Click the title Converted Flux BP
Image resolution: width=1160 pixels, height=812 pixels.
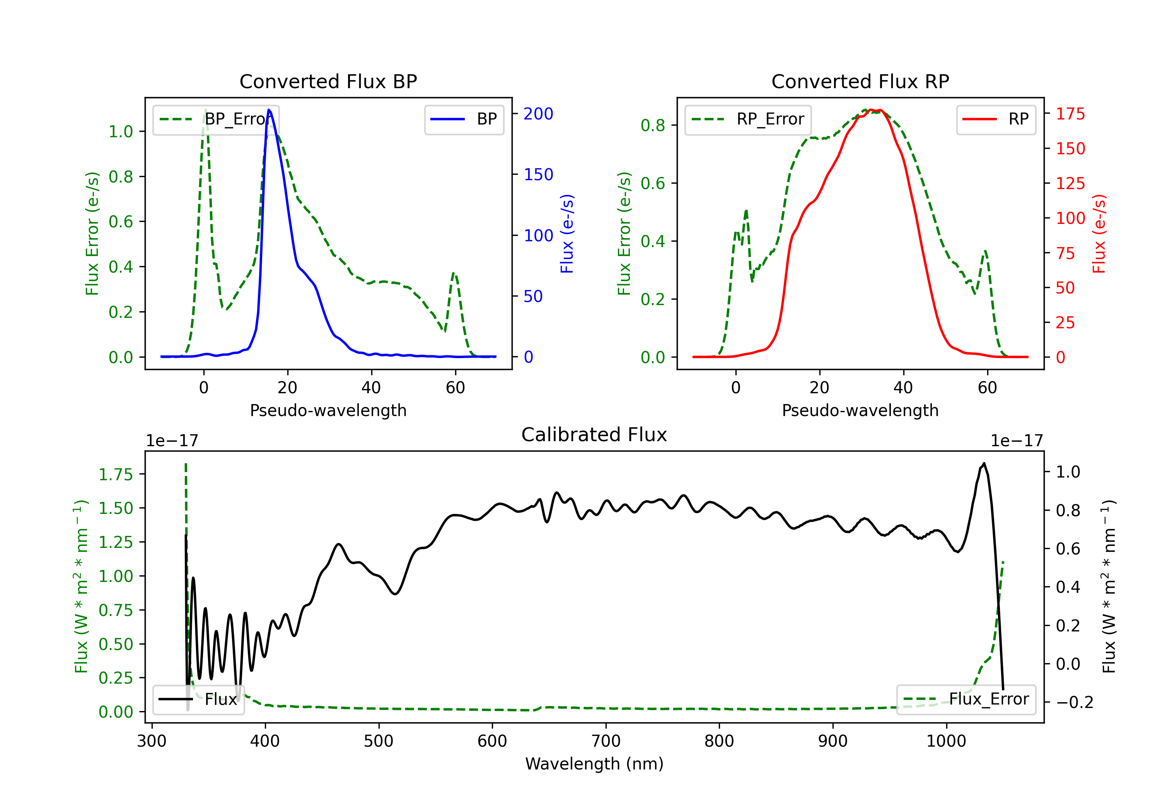pyautogui.click(x=328, y=81)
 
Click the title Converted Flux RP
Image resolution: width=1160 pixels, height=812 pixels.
pyautogui.click(x=860, y=81)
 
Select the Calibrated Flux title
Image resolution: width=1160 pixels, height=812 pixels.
pyautogui.click(x=594, y=435)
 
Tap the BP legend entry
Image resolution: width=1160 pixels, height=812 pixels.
pyautogui.click(x=464, y=119)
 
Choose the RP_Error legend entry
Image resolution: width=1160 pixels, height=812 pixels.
pyautogui.click(x=748, y=119)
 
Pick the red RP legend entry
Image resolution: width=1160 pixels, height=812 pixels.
pyautogui.click(x=995, y=119)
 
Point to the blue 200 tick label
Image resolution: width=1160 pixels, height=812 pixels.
pyautogui.click(x=538, y=114)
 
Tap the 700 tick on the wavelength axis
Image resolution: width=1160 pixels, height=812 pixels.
pyautogui.click(x=606, y=741)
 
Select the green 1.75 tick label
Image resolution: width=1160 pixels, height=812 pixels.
pyautogui.click(x=116, y=474)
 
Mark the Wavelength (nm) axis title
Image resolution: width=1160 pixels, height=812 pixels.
pyautogui.click(x=594, y=764)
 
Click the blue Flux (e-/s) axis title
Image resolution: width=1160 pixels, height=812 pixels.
pyautogui.click(x=567, y=234)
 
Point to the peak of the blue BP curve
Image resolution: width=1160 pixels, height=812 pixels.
pyautogui.click(x=269, y=110)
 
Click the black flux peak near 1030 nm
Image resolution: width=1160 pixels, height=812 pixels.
pyautogui.click(x=984, y=463)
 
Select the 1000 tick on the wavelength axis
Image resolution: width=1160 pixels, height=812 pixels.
pyautogui.click(x=946, y=741)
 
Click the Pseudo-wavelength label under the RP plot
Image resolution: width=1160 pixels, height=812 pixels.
pyautogui.click(x=860, y=410)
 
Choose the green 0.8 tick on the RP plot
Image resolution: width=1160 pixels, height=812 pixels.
pyautogui.click(x=653, y=125)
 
